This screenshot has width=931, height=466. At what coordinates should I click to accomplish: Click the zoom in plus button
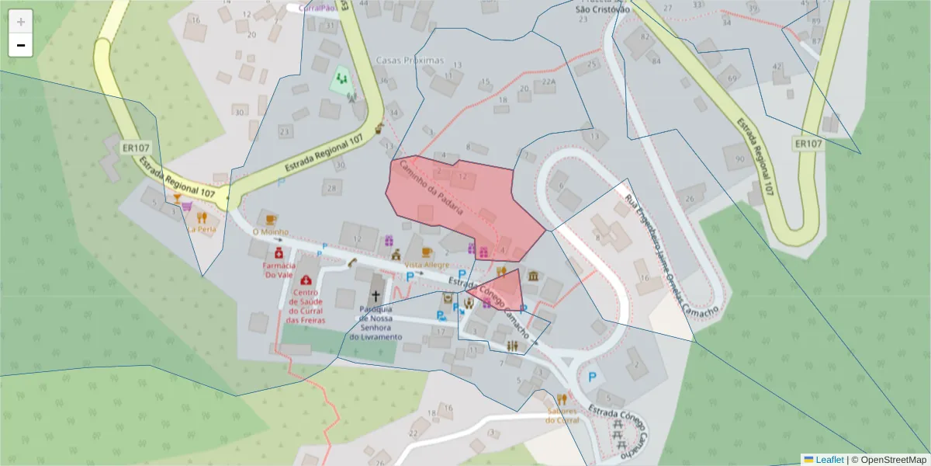(x=21, y=21)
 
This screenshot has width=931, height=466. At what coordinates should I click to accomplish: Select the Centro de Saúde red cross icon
(x=307, y=280)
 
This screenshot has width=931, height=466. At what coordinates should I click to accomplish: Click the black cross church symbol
(x=376, y=296)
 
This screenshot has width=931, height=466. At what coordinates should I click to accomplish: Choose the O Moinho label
(x=270, y=231)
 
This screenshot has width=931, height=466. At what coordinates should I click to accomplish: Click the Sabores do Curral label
(x=562, y=415)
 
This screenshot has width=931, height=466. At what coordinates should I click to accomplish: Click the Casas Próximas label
(x=409, y=60)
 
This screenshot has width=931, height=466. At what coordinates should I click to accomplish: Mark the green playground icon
(x=341, y=78)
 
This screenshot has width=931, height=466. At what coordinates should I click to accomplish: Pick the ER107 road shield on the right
(x=808, y=144)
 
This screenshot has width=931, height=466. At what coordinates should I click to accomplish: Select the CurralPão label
(x=317, y=8)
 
